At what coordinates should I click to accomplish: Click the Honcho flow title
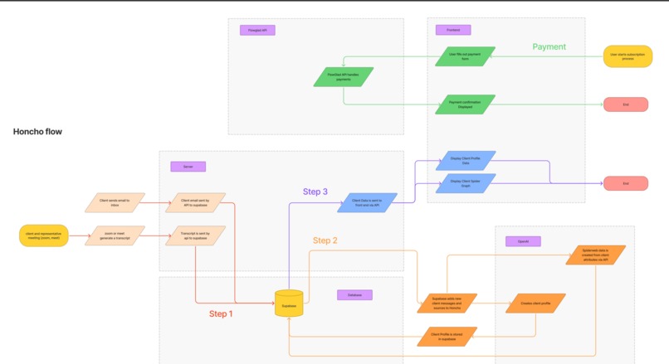coord(37,132)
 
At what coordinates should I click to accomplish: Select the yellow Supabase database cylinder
coord(289,303)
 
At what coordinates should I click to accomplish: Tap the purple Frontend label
coord(453,30)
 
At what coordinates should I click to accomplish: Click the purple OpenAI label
coord(523,241)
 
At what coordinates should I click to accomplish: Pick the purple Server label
coord(188,167)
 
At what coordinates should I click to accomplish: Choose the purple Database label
coord(354,295)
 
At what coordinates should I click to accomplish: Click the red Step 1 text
coord(221,314)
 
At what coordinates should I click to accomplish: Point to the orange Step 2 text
coord(325,240)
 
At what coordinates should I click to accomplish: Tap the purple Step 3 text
coord(315,192)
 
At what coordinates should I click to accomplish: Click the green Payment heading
coord(549,47)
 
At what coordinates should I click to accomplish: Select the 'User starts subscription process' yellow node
coord(627,56)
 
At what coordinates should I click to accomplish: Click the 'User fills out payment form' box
coord(465,56)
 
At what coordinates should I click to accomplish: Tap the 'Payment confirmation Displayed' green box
coord(465,104)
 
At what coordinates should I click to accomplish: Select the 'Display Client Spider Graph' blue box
coord(465,182)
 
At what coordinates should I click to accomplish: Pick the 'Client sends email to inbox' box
coord(115,202)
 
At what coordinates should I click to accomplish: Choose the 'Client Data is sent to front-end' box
coord(366,202)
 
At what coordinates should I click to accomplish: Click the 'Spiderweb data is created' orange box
coord(594,255)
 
